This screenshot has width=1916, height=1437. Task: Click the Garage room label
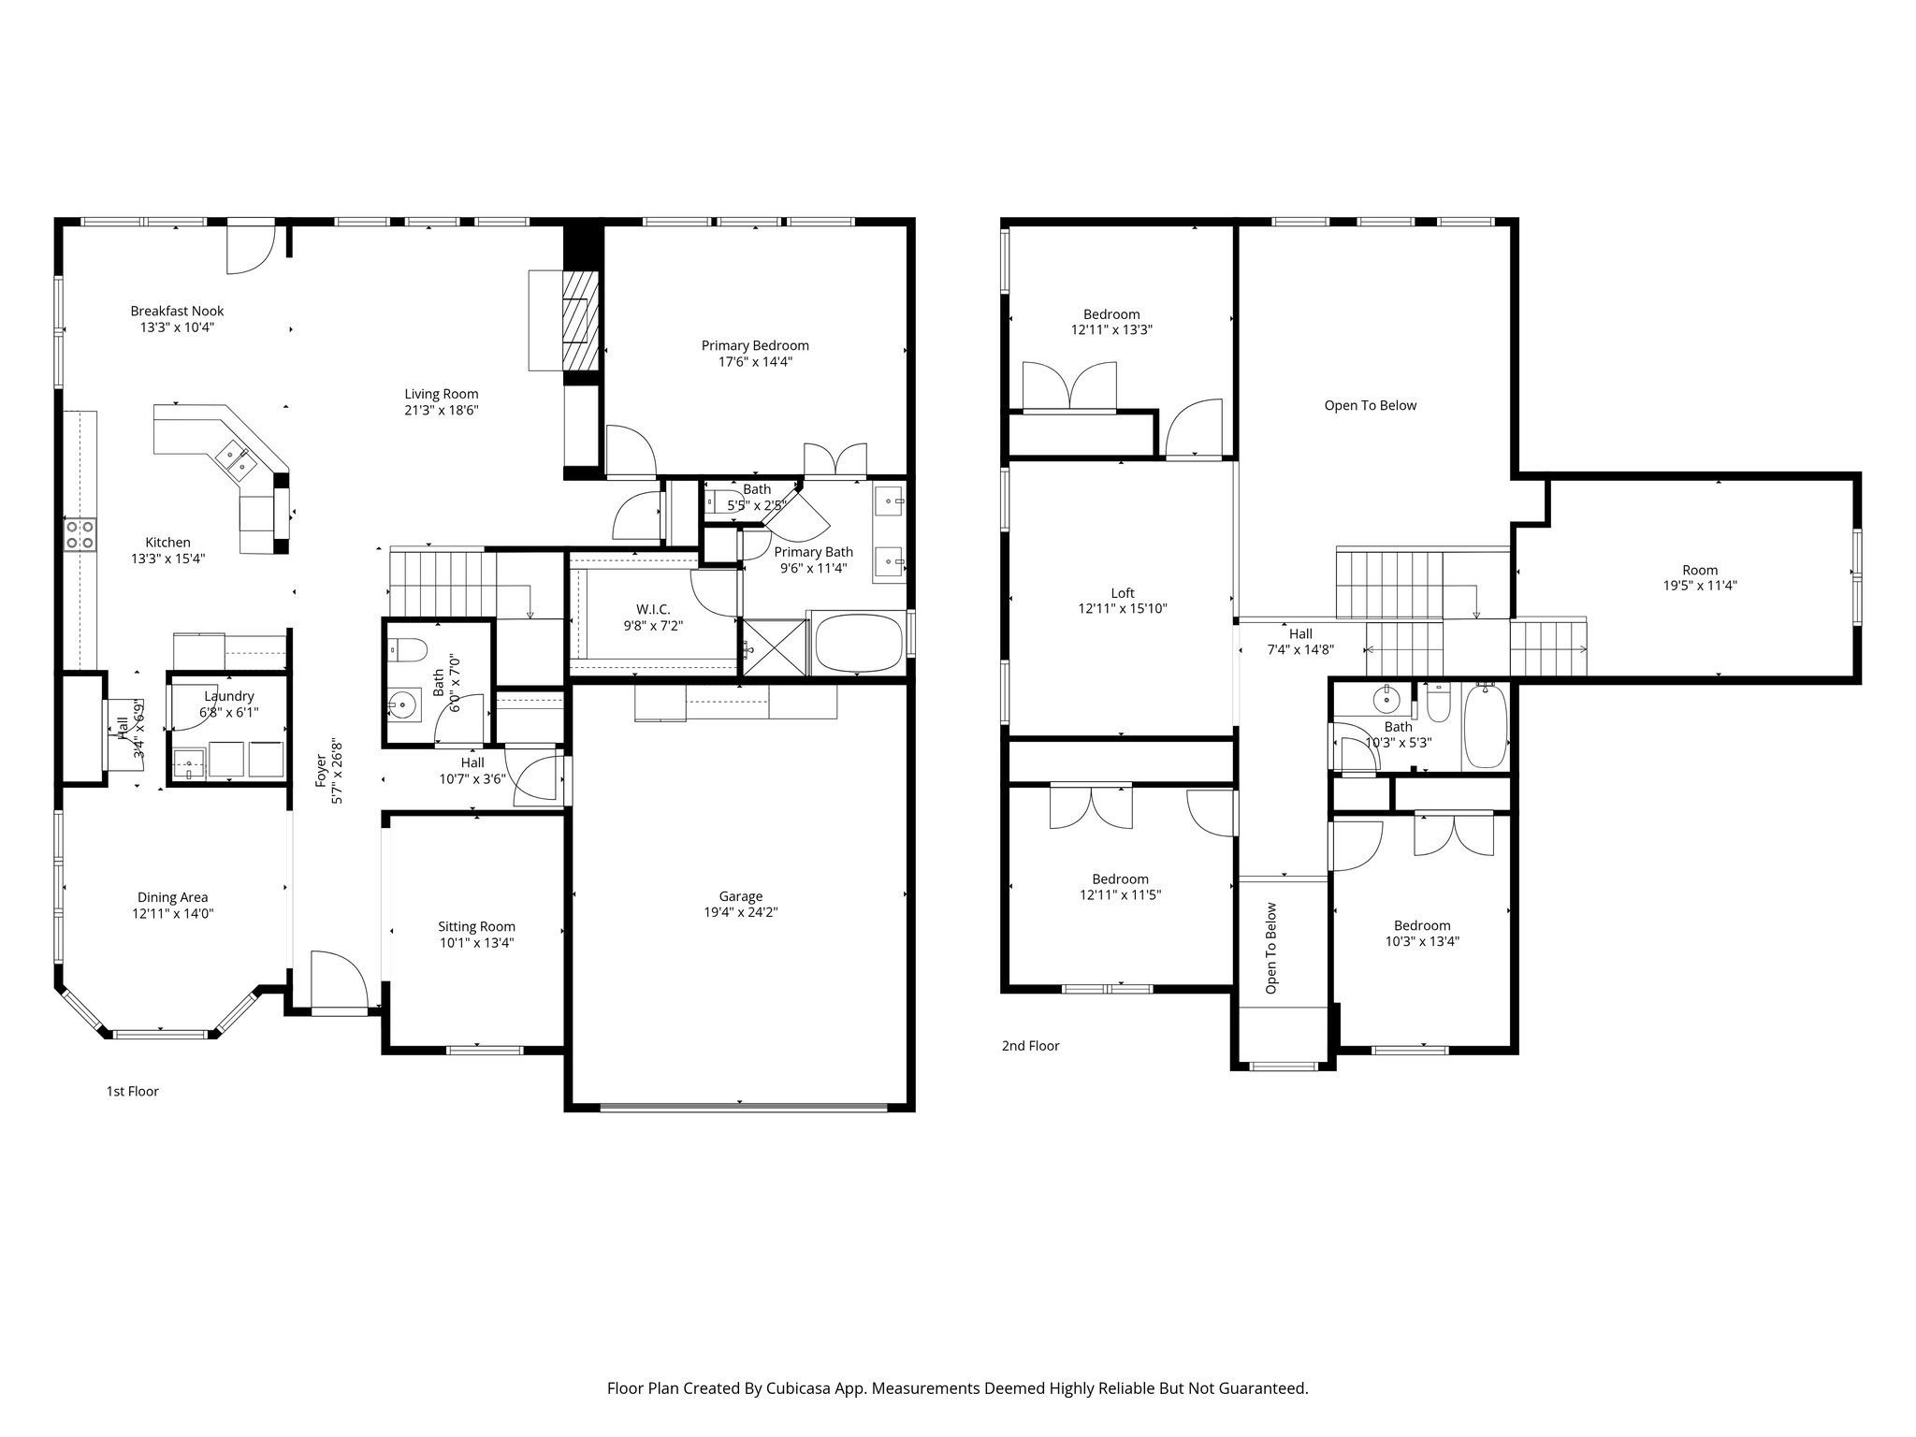pyautogui.click(x=741, y=896)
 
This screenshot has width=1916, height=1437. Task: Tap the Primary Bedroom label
pyautogui.click(x=755, y=345)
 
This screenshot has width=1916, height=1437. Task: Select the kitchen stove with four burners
pyautogui.click(x=80, y=534)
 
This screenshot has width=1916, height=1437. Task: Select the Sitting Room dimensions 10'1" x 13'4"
pyautogui.click(x=476, y=942)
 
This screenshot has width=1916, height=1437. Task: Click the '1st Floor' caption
pyautogui.click(x=132, y=1091)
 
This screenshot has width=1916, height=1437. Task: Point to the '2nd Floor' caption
pyautogui.click(x=1030, y=1045)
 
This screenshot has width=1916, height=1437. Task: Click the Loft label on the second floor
pyautogui.click(x=1123, y=592)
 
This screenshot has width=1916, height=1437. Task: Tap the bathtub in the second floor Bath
pyautogui.click(x=1485, y=726)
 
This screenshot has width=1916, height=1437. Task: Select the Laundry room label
pyautogui.click(x=228, y=696)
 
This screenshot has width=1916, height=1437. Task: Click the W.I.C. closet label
pyautogui.click(x=653, y=609)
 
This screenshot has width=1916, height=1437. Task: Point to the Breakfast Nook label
pyautogui.click(x=177, y=311)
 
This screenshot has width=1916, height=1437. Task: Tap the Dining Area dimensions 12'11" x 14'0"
pyautogui.click(x=173, y=913)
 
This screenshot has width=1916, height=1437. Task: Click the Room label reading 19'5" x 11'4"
pyautogui.click(x=1700, y=570)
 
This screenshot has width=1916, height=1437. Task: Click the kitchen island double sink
pyautogui.click(x=234, y=459)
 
